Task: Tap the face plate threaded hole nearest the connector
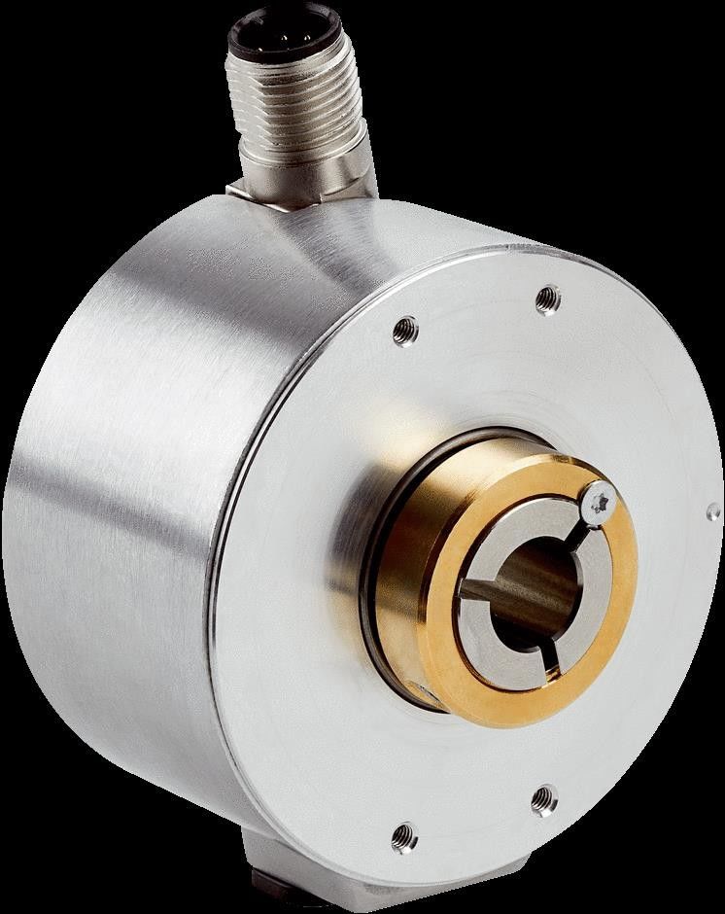coord(405,332)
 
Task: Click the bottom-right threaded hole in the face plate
coord(542,799)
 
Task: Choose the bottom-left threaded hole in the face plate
coord(404,835)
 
